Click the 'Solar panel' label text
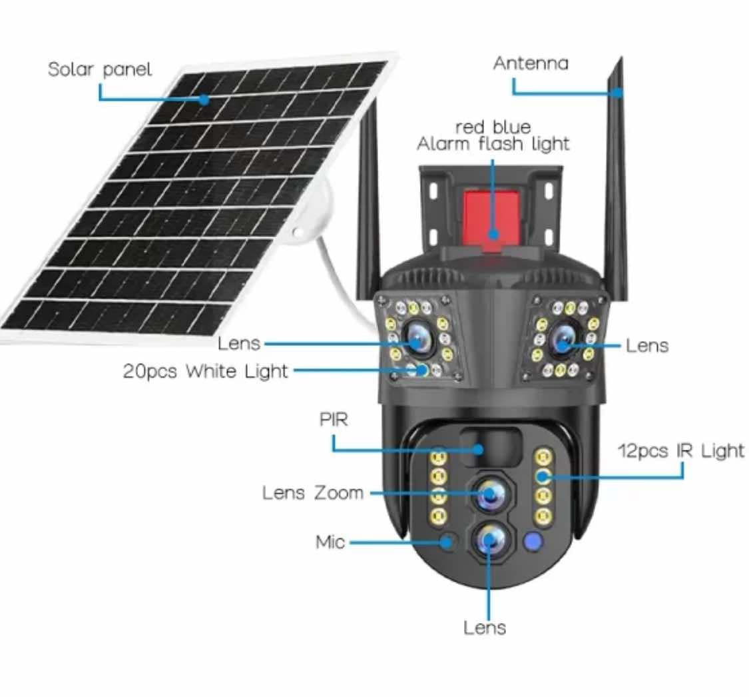click(100, 69)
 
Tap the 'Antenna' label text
click(531, 63)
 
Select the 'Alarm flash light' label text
click(493, 144)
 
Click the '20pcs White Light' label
click(205, 371)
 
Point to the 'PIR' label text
click(333, 420)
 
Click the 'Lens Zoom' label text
click(313, 493)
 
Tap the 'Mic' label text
click(330, 542)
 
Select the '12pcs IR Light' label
click(680, 451)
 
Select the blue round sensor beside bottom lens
click(533, 541)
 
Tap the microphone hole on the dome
click(448, 540)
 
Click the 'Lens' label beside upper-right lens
click(647, 345)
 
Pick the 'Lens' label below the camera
click(485, 628)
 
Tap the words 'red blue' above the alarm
click(493, 127)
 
